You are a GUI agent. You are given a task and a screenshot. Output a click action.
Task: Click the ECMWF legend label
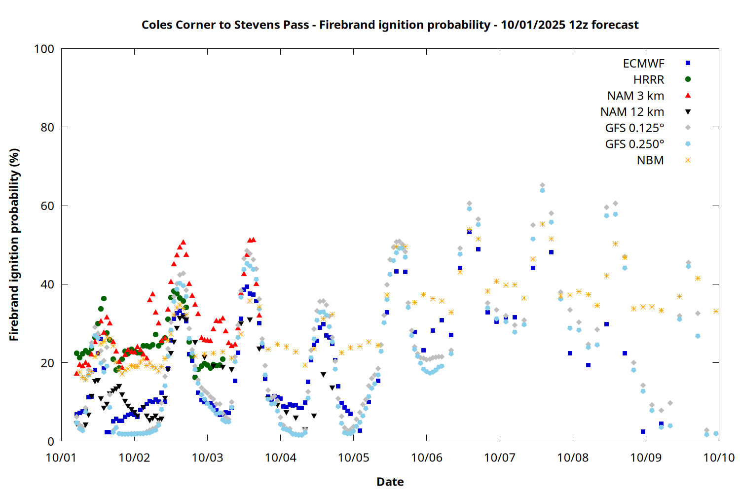click(643, 64)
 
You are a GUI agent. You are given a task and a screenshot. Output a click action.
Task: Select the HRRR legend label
click(649, 80)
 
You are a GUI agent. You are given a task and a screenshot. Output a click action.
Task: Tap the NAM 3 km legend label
click(635, 96)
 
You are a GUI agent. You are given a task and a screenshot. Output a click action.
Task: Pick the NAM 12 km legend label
click(632, 112)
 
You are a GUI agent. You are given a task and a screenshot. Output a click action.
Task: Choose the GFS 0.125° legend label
click(634, 128)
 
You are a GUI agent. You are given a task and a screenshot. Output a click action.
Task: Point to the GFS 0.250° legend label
click(634, 144)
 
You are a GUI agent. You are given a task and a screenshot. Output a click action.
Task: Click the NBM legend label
click(650, 160)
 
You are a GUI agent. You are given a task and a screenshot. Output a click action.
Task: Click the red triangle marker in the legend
click(688, 95)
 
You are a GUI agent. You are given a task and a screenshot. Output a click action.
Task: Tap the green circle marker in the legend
click(688, 79)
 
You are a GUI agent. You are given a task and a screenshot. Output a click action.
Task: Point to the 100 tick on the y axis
click(44, 49)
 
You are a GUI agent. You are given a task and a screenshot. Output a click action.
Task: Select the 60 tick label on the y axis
click(47, 206)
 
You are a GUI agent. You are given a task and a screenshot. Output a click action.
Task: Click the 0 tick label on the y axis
click(51, 442)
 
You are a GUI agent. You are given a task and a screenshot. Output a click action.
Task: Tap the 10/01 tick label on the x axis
click(61, 458)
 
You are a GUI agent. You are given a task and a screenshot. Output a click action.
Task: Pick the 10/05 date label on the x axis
click(353, 458)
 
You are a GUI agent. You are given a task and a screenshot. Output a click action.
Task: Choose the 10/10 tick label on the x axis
click(719, 458)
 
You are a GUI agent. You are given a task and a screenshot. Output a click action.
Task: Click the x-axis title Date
click(390, 482)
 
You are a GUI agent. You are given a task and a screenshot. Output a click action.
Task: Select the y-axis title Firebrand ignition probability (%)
click(14, 245)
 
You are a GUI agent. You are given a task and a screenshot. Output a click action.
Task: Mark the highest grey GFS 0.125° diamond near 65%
click(542, 185)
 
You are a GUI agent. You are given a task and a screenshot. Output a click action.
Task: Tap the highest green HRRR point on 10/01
click(104, 298)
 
